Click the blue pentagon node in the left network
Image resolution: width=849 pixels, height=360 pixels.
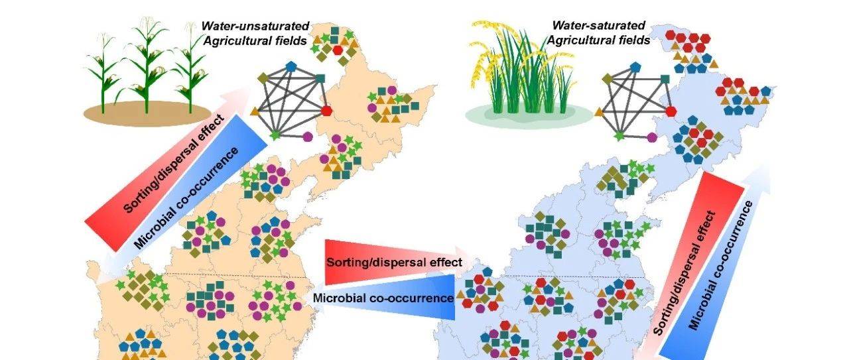[x=292, y=67]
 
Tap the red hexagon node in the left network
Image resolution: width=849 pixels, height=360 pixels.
[x=326, y=110]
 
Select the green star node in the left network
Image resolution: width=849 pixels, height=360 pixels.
[x=275, y=135]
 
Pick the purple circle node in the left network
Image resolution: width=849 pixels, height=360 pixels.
[x=308, y=137]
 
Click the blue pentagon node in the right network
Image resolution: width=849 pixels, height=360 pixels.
[x=635, y=67]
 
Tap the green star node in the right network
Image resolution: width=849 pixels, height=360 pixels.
[x=620, y=135]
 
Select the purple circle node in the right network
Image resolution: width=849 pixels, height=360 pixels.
[x=652, y=137]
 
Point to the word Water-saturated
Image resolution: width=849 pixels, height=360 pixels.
[x=600, y=26]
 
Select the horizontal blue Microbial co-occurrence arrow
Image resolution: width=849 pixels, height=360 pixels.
[x=385, y=298]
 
